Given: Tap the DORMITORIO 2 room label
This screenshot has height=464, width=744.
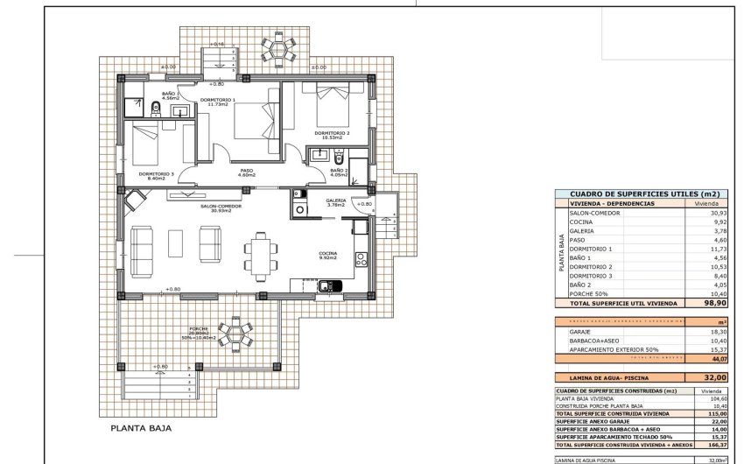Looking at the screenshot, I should click(333, 134).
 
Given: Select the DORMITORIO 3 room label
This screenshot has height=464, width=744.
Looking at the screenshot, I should click(161, 175).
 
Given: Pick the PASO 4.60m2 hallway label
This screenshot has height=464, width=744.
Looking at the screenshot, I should click(246, 173).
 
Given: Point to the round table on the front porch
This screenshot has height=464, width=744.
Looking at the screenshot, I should click(235, 334).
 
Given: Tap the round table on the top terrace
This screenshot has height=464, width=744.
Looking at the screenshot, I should click(279, 53).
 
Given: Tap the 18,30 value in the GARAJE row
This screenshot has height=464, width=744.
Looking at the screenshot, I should click(717, 333).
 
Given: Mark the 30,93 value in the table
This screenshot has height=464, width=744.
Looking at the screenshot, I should click(717, 213).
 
